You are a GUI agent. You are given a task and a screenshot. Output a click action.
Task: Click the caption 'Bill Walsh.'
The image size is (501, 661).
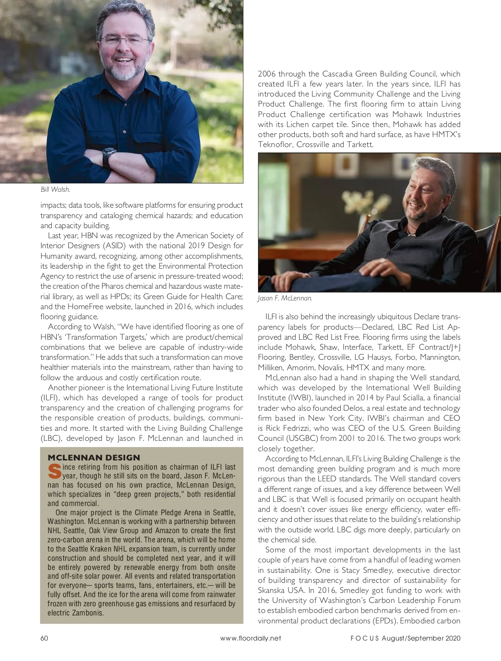click(55, 190)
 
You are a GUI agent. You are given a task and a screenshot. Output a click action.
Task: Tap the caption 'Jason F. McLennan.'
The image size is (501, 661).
click(285, 298)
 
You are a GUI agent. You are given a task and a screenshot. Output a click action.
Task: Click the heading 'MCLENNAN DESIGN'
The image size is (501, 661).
click(94, 458)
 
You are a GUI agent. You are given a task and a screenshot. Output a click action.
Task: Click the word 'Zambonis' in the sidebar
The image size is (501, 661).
click(90, 613)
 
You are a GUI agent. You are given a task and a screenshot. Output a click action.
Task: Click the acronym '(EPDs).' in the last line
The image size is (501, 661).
click(385, 621)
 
